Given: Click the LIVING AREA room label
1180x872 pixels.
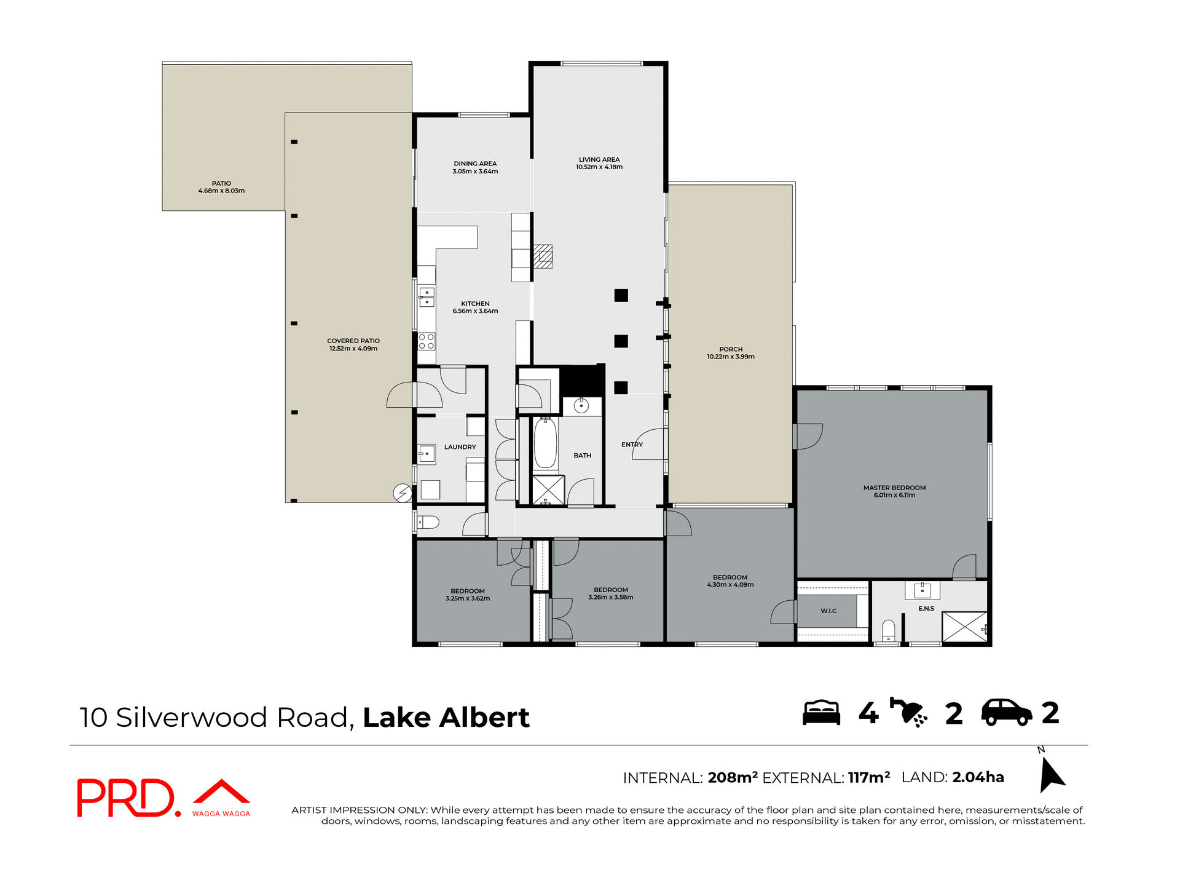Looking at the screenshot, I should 599,159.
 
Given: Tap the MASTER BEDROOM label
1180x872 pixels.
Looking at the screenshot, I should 894,488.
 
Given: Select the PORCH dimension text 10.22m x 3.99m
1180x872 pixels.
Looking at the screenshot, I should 730,357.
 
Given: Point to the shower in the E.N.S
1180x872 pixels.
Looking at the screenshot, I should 964,627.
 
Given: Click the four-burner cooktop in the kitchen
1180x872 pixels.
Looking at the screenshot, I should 427,341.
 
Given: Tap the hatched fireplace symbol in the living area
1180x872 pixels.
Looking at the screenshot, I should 543,256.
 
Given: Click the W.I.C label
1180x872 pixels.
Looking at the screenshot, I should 828,611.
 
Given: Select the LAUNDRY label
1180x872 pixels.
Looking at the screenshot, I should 460,447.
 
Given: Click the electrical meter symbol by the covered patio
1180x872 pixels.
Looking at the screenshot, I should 403,493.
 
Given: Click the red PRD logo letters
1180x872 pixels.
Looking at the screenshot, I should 126,798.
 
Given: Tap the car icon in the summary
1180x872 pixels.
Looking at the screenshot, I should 1006,713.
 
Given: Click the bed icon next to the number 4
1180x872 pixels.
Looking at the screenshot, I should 821,713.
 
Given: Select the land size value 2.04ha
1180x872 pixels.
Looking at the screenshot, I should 978,777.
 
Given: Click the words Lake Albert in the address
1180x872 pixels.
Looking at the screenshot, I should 446,718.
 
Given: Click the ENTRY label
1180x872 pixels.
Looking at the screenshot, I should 631,445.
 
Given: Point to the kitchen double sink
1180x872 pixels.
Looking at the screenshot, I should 427,297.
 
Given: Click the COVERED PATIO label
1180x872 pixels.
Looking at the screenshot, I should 353,341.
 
